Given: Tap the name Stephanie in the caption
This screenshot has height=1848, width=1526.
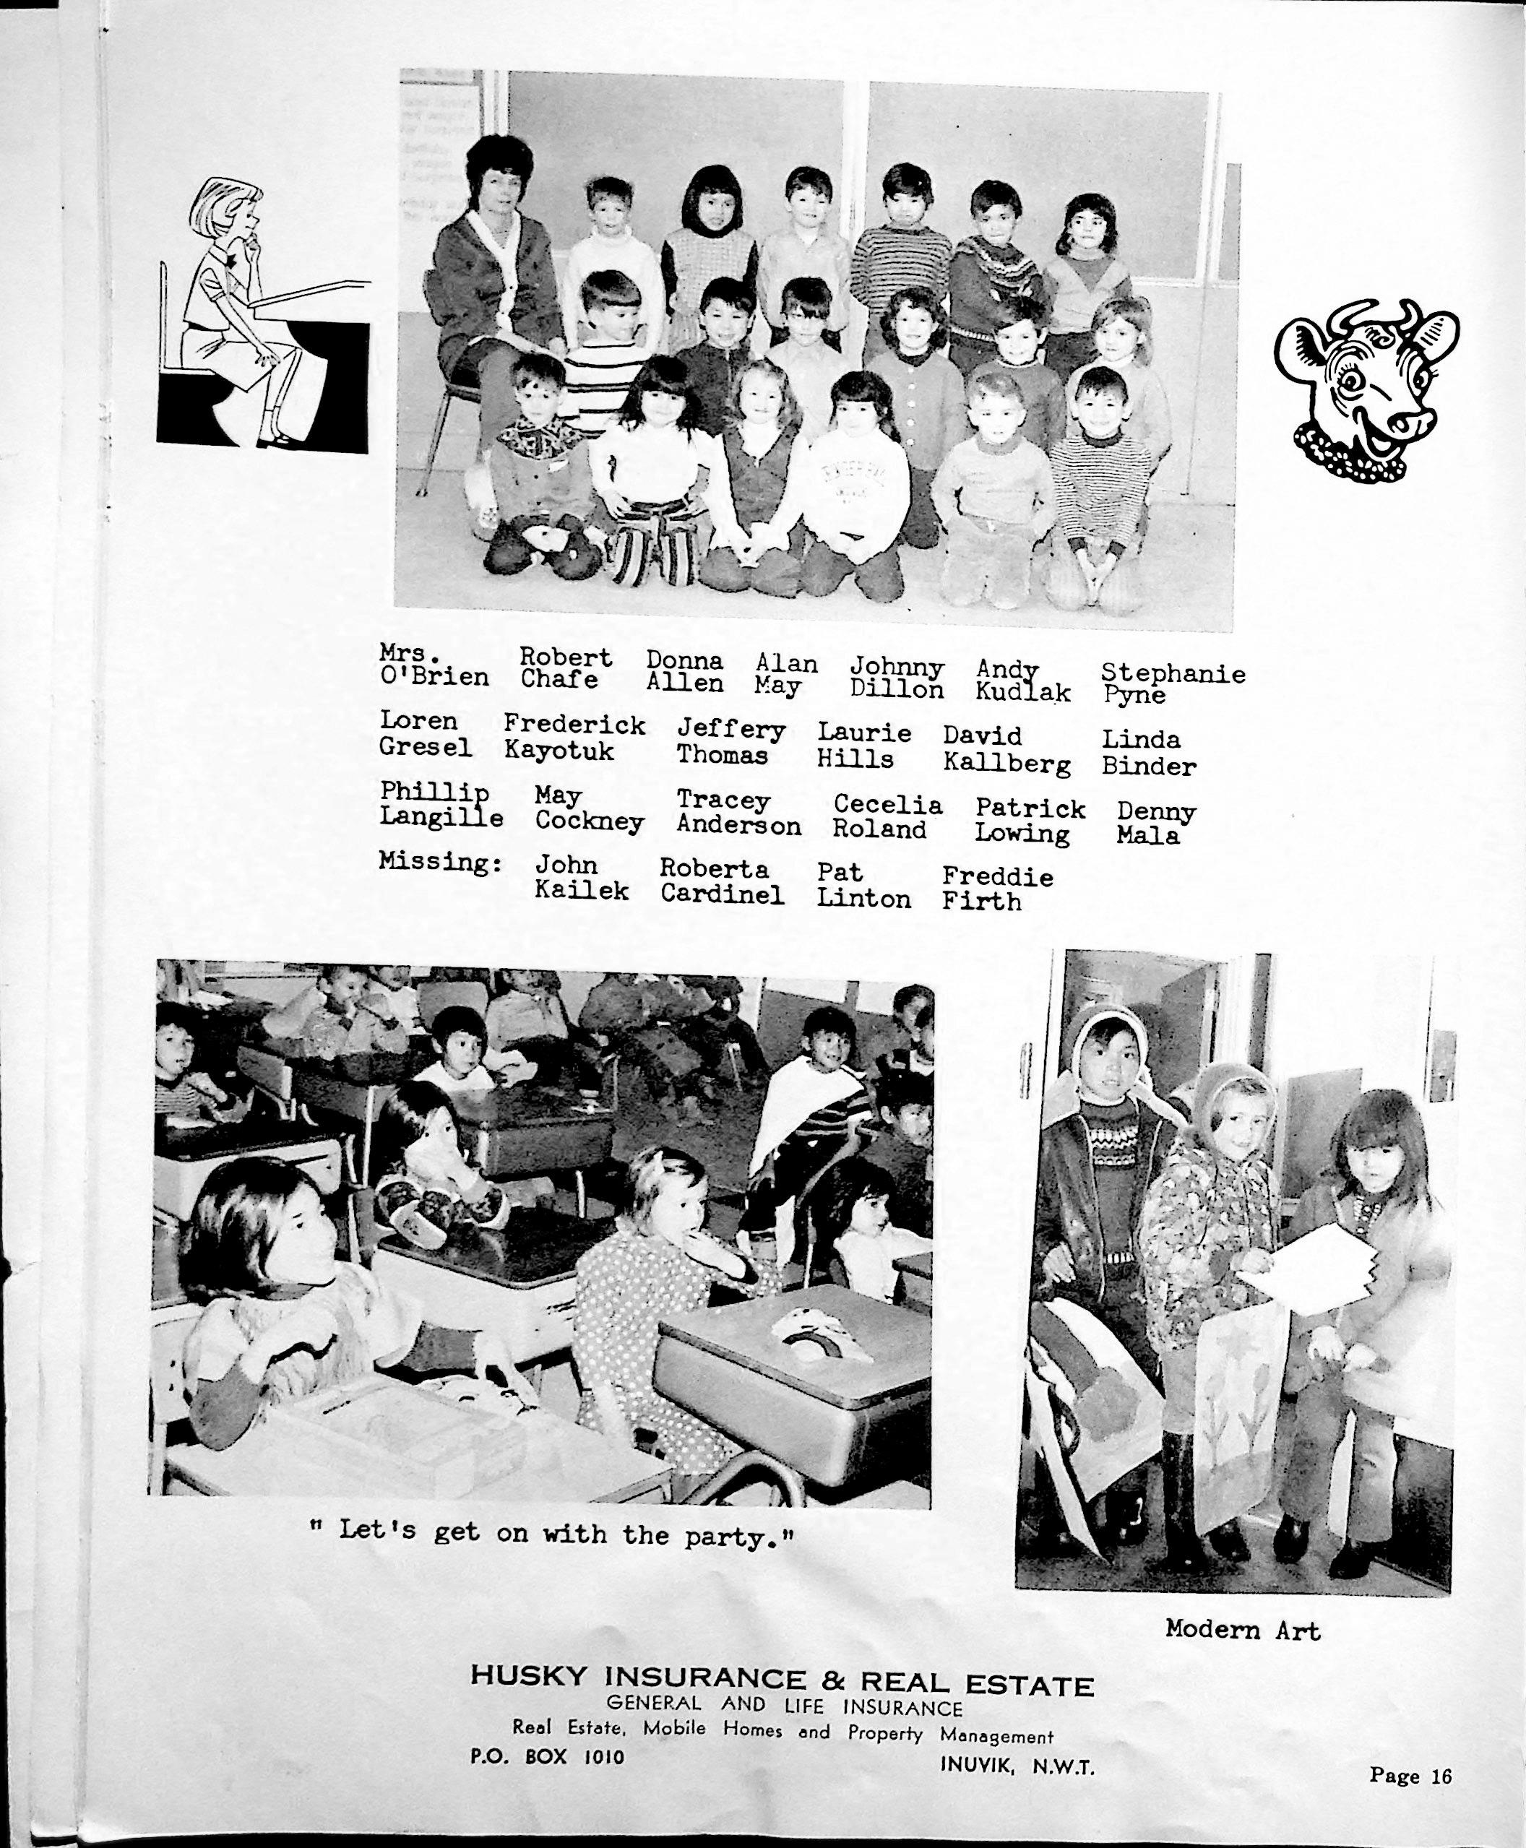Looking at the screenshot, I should pos(1173,673).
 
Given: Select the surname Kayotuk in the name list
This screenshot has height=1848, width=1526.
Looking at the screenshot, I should pos(559,751).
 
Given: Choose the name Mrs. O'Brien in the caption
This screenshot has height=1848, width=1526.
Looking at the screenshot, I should pos(434,666).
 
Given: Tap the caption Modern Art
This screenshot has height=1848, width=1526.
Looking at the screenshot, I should pos(1242,1630).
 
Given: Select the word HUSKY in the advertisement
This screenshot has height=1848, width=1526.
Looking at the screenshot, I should pos(527,1676).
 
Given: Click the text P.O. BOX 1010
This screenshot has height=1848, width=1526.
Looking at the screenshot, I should pos(547,1756).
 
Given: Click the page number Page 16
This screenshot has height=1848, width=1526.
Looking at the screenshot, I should pos(1410,1775).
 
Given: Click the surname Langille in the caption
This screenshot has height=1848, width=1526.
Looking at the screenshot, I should pos(441,817).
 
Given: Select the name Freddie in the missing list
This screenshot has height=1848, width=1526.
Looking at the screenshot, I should pos(997,876).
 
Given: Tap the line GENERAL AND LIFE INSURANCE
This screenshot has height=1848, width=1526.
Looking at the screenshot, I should pos(785,1706).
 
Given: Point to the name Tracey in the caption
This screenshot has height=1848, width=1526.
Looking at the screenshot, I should pos(723,800).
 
